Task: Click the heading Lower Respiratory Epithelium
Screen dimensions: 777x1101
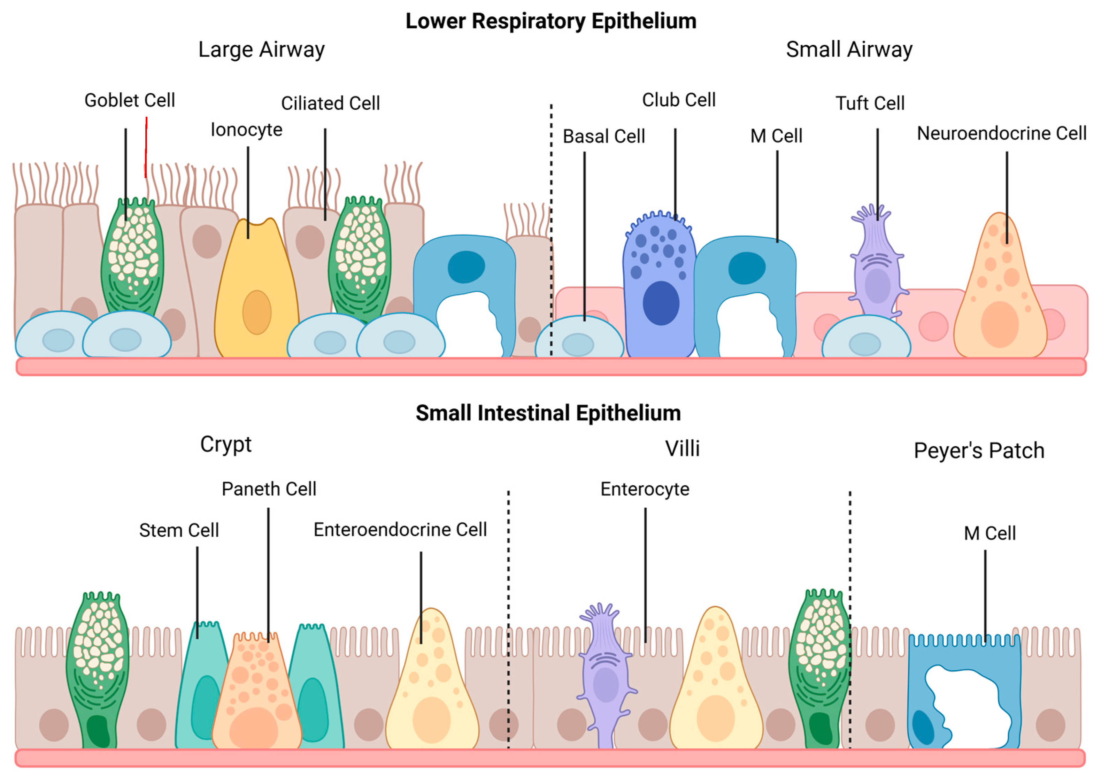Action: [x=550, y=22]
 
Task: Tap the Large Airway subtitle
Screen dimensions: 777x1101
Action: [x=261, y=49]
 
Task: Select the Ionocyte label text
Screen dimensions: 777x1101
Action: [x=246, y=130]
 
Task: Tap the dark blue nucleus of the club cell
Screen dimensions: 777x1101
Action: [x=661, y=303]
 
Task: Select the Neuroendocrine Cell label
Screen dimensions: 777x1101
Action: [x=1001, y=133]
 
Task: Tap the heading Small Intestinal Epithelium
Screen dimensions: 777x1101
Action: [x=548, y=413]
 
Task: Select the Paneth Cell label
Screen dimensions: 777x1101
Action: [x=269, y=489]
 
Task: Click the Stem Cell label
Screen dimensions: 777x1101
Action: [x=179, y=530]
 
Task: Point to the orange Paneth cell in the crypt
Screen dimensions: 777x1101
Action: [x=256, y=700]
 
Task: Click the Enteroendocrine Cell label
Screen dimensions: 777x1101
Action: [x=400, y=530]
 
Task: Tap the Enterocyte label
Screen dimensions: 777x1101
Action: [x=645, y=489]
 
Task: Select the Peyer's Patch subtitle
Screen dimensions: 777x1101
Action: [x=979, y=451]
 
